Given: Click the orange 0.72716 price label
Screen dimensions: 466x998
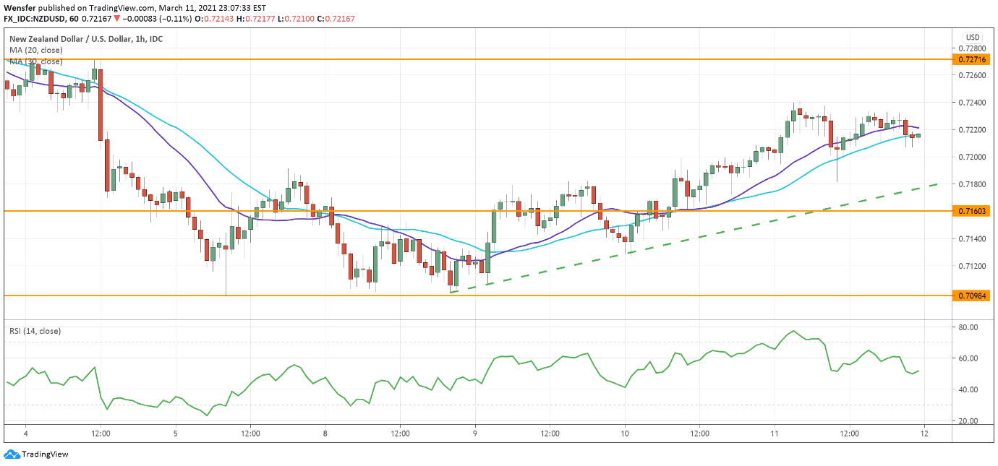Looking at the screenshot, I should pos(973,59).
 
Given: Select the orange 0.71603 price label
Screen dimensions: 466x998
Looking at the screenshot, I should pos(973,211).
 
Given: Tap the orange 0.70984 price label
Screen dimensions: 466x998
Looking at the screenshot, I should pos(973,295).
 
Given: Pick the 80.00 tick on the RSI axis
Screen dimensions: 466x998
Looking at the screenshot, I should pos(968,327).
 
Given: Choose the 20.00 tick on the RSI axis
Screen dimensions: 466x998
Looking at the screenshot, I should pos(968,420).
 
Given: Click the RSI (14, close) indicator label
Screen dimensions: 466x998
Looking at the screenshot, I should pos(35,331).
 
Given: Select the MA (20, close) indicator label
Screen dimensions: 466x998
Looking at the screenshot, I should pos(35,50).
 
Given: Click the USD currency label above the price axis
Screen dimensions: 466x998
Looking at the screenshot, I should pos(973,38).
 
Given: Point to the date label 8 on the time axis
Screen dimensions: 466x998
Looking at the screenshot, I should pos(325,434).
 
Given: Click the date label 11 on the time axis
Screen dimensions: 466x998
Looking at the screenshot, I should pos(775,434).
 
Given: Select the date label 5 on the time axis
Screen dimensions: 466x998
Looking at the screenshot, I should pos(176,434).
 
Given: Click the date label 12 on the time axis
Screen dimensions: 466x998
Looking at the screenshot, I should pos(924,434).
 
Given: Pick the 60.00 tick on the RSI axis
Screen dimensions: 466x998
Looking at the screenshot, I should pos(968,358).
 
